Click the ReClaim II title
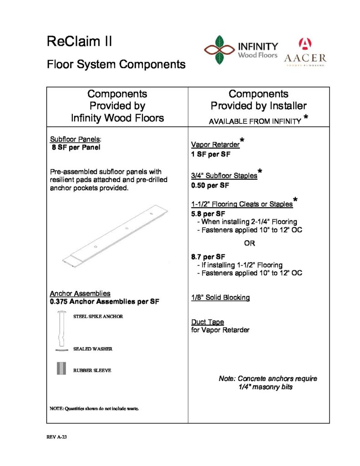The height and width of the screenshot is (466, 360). [79, 42]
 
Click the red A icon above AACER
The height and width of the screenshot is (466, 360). [304, 44]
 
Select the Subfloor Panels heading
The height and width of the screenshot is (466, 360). [75, 140]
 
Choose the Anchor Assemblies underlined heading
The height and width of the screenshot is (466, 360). [80, 294]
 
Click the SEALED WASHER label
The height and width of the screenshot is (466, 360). [93, 349]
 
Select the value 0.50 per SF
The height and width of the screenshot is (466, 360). [210, 186]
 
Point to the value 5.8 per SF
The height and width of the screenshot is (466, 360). [208, 213]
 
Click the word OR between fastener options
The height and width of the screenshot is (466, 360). [249, 243]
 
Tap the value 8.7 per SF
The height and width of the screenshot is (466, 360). [208, 257]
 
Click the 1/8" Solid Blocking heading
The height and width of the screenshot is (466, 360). [220, 298]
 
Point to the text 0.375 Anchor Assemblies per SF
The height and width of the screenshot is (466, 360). [104, 302]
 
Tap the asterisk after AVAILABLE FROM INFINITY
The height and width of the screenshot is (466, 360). [306, 118]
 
